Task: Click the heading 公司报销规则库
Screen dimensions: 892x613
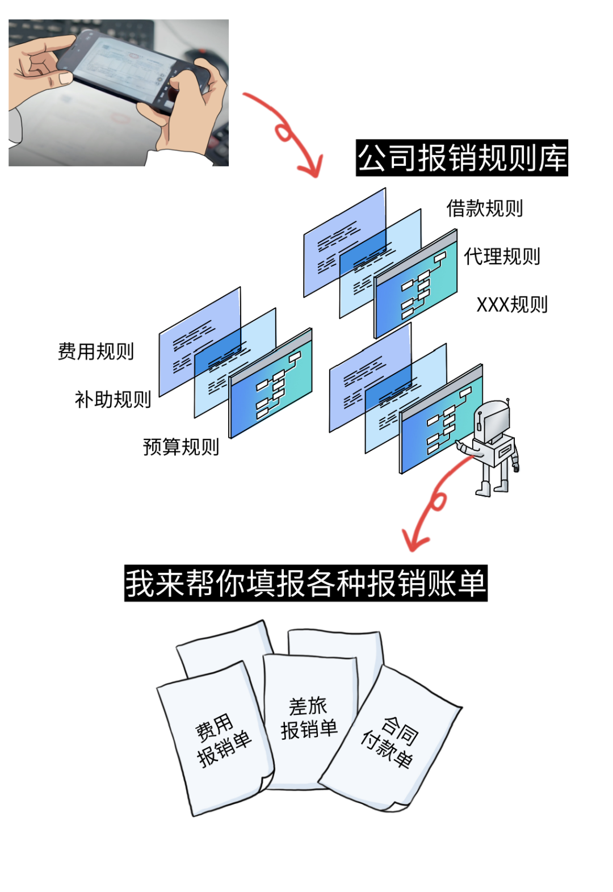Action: [x=462, y=158]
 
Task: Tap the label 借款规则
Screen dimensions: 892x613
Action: [x=484, y=208]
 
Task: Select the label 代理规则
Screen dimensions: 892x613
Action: [x=502, y=257]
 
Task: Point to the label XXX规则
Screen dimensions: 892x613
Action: [x=512, y=305]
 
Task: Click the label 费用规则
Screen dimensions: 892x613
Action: [x=96, y=351]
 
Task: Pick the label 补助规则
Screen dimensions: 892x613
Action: [x=113, y=400]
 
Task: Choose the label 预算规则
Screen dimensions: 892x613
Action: [x=181, y=447]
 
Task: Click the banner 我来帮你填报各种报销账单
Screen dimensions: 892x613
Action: [x=306, y=583]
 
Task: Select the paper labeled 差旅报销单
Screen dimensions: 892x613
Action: [x=309, y=718]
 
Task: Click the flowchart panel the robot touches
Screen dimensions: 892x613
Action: [x=440, y=420]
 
